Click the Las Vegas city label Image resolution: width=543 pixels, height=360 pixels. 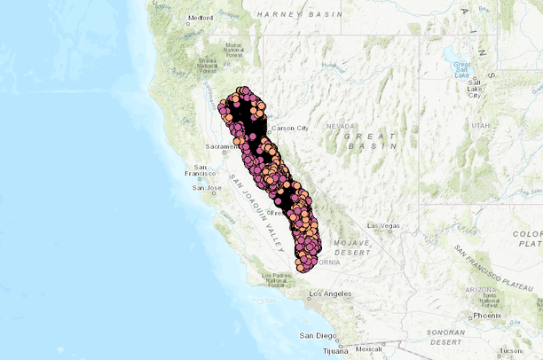point(383,225)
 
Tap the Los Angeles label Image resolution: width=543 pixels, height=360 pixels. point(330,293)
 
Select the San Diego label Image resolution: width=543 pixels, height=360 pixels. point(317,335)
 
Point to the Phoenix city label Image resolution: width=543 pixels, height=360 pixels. point(487,315)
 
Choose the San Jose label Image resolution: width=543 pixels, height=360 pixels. point(207,187)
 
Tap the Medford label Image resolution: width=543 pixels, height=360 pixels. point(200,17)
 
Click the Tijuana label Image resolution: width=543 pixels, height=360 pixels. point(336,349)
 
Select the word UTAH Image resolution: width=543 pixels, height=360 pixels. point(480,126)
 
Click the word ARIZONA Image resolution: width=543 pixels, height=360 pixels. point(476,289)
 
